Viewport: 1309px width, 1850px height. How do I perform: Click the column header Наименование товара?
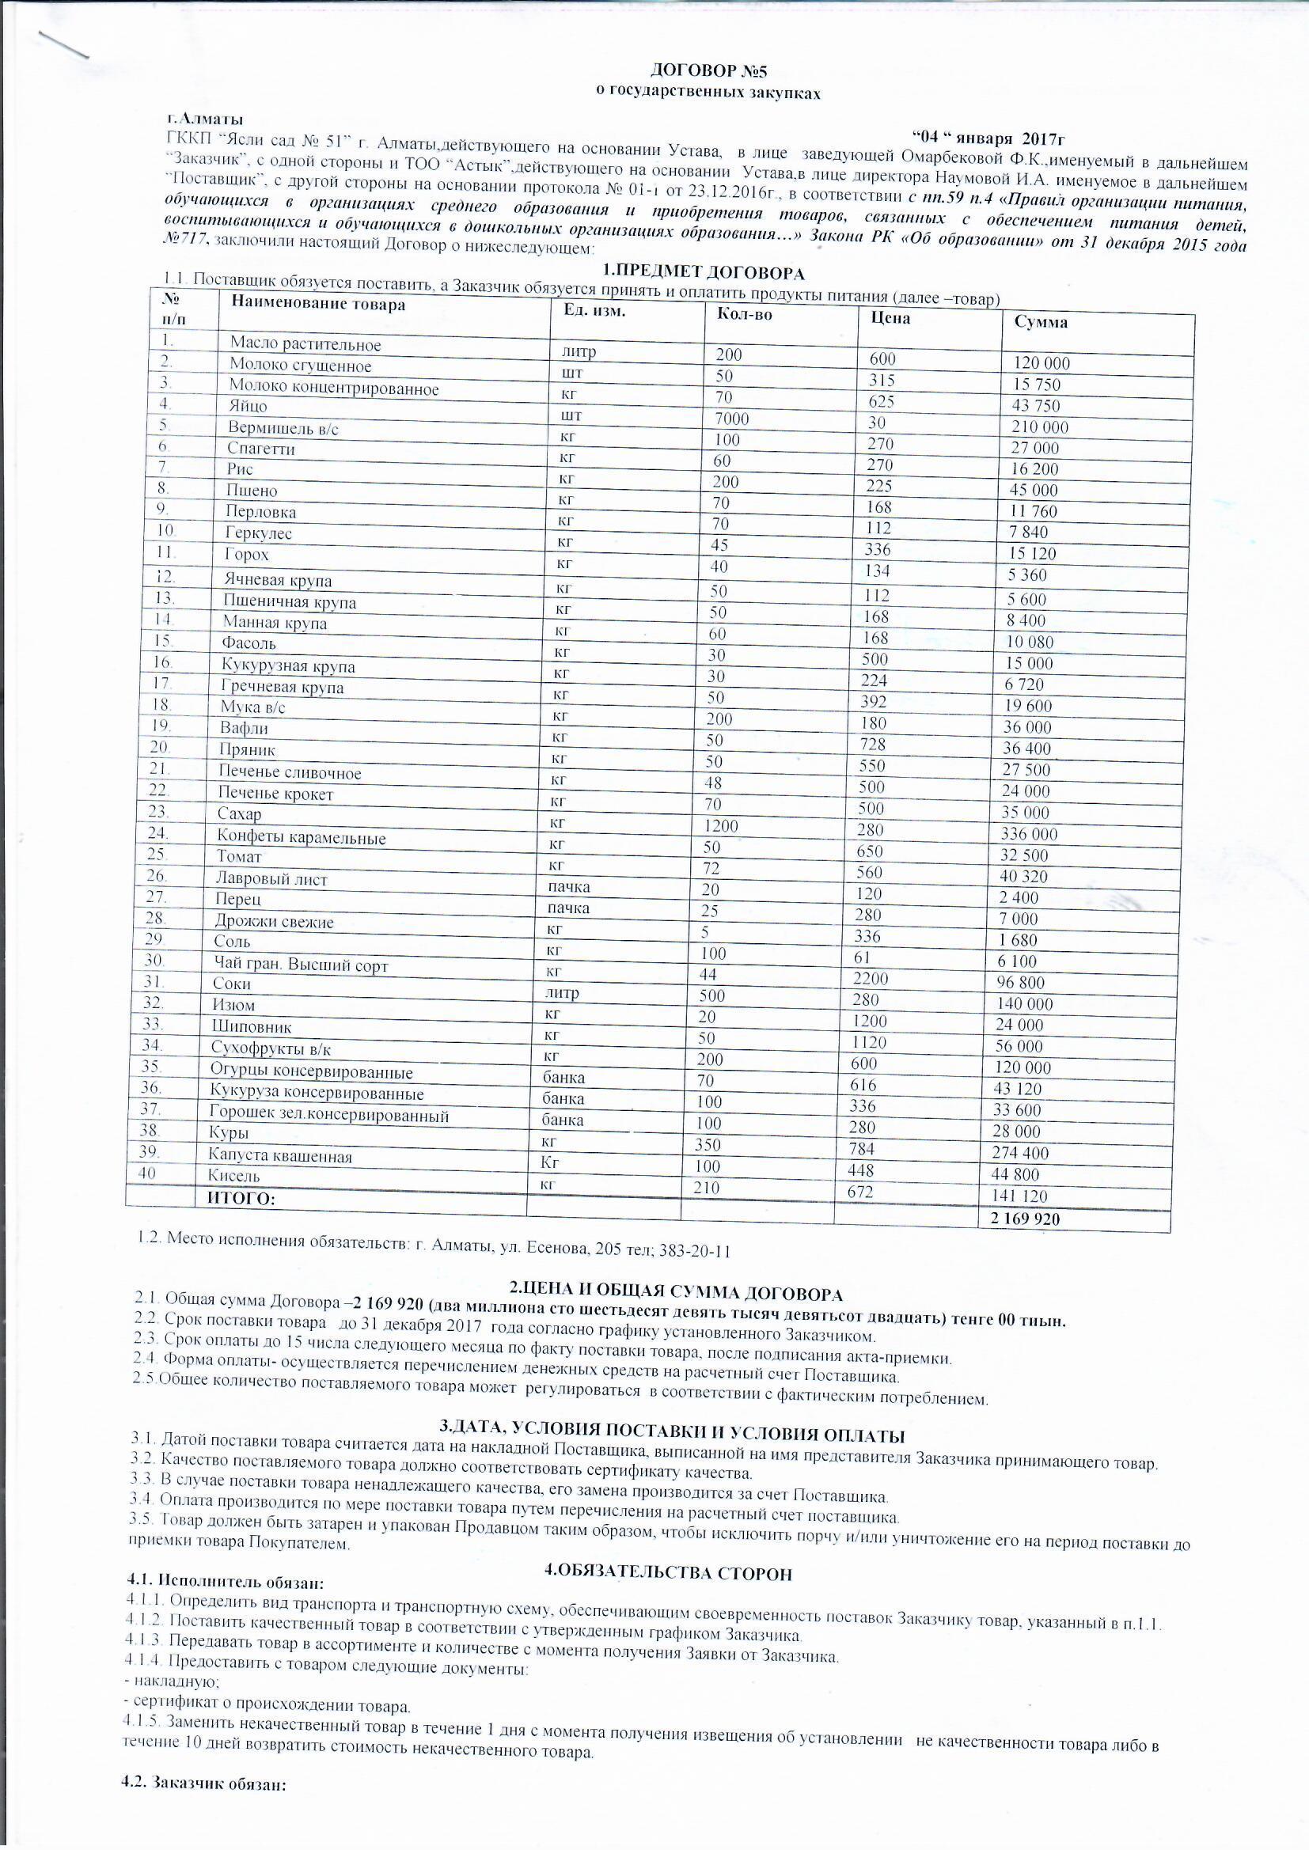pyautogui.click(x=317, y=304)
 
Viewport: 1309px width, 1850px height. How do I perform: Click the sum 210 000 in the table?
pyautogui.click(x=1039, y=428)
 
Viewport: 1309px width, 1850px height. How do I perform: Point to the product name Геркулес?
pyautogui.click(x=259, y=533)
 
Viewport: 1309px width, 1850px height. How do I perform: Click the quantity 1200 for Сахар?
pyautogui.click(x=721, y=826)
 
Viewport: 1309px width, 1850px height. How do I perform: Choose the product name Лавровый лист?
pyautogui.click(x=271, y=880)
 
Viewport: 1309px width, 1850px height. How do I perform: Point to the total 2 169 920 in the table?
pyautogui.click(x=1023, y=1219)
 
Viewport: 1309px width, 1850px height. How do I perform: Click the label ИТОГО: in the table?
pyautogui.click(x=242, y=1200)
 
